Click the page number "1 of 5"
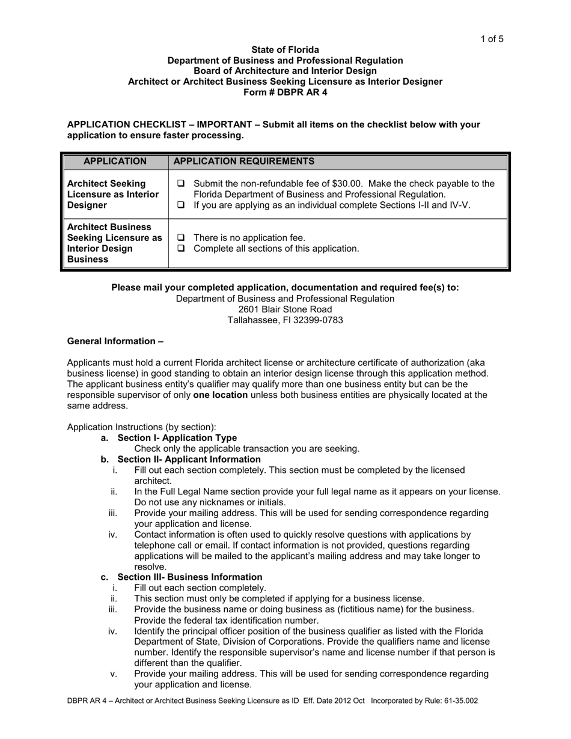coord(491,40)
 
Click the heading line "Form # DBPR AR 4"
coord(285,93)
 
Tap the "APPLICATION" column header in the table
coord(115,161)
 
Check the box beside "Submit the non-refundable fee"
coord(182,184)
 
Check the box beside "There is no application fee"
coord(182,238)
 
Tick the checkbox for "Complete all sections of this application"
coord(182,249)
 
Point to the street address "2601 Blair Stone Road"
coord(285,309)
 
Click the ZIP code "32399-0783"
coord(317,320)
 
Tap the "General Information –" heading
coord(115,341)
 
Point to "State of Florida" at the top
coord(285,50)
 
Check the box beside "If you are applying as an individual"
coord(182,205)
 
